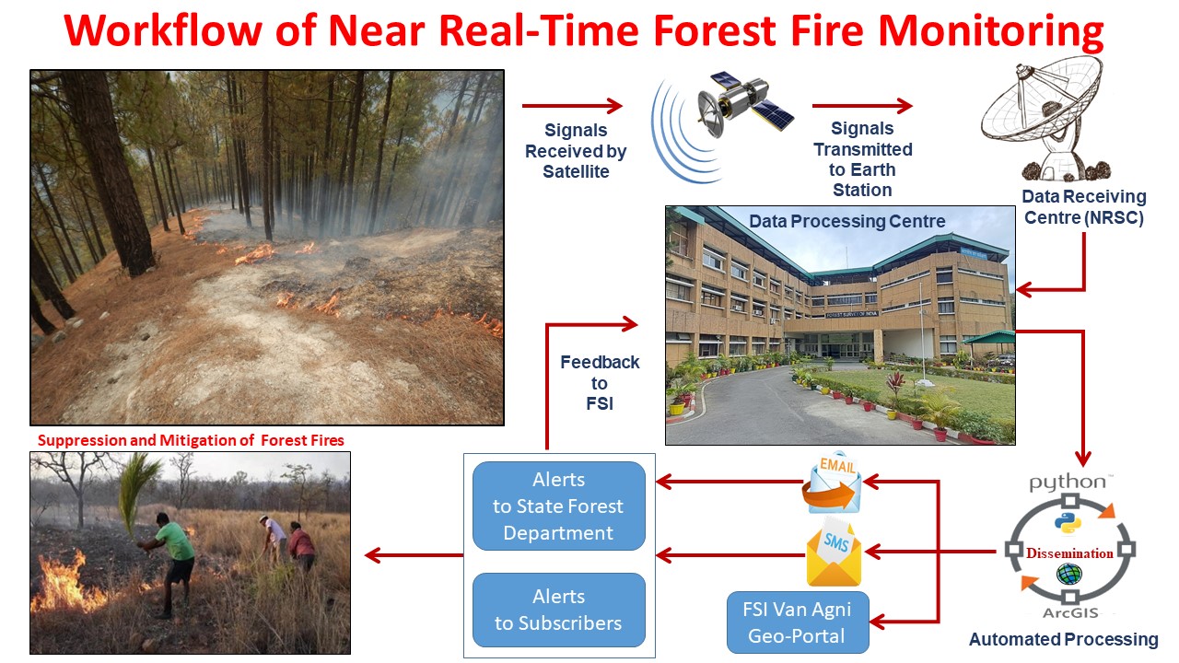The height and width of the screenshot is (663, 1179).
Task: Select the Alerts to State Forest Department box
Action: tap(558, 506)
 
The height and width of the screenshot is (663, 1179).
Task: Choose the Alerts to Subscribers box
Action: tap(558, 610)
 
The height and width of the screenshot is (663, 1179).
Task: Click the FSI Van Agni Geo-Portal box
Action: tap(798, 622)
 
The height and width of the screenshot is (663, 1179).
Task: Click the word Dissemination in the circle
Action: tap(1069, 553)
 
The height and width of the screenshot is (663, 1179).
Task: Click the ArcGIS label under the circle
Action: tap(1068, 612)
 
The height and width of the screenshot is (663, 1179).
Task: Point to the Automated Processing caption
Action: tap(1063, 639)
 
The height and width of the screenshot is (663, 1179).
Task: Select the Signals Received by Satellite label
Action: tap(576, 151)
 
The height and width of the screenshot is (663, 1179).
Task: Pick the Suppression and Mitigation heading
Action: tap(188, 440)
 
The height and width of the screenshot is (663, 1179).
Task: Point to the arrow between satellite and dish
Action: tap(862, 107)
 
